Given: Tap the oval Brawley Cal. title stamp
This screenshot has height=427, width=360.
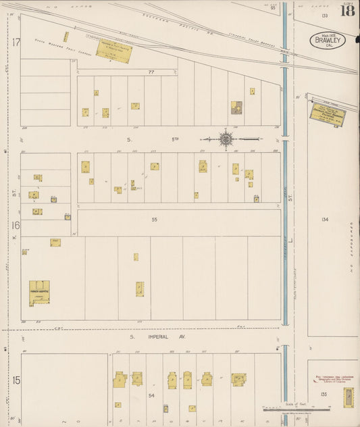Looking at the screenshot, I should (x=328, y=40).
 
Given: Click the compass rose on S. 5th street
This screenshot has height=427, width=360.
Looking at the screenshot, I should (x=226, y=139).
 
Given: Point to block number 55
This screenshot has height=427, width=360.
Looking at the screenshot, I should (x=154, y=220).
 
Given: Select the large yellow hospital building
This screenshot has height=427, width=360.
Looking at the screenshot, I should (x=39, y=292).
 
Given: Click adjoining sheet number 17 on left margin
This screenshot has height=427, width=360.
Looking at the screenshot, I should (x=15, y=42).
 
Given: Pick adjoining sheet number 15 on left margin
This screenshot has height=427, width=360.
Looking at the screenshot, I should (x=15, y=380).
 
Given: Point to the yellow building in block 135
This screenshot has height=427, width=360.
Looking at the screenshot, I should (x=348, y=397).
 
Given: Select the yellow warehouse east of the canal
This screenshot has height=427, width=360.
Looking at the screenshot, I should (x=328, y=113).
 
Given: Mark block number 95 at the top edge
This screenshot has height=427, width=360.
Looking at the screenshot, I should (x=274, y=9).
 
